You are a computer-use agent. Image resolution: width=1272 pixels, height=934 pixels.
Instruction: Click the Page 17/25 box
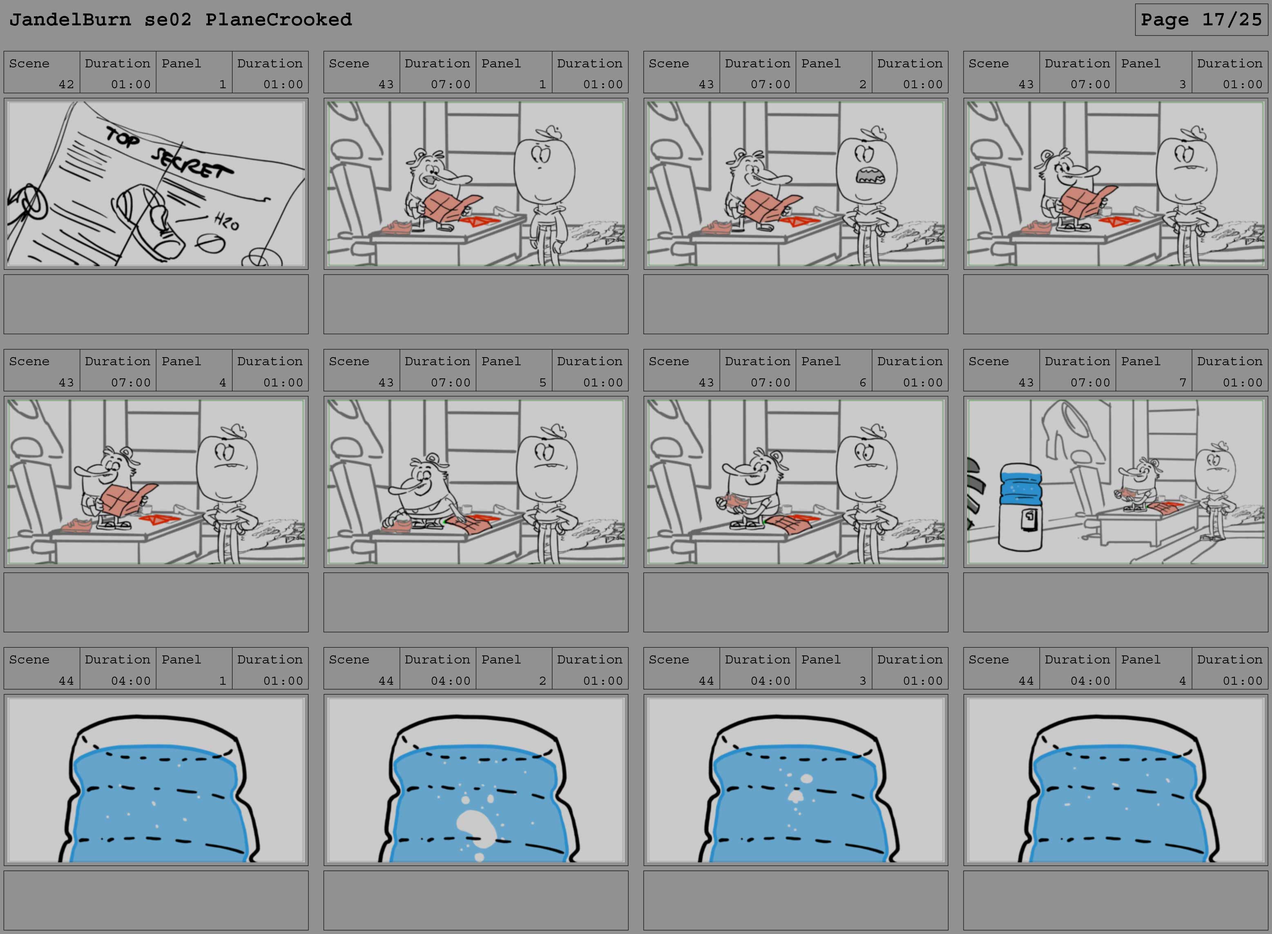click(x=1201, y=20)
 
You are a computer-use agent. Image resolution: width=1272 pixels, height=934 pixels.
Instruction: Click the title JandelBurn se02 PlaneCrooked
click(x=181, y=20)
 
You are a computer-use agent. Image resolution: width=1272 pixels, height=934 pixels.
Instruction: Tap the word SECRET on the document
click(x=192, y=163)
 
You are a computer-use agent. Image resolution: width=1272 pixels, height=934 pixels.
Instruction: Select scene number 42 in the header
click(x=66, y=84)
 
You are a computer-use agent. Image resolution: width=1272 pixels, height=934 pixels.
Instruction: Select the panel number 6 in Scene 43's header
click(x=862, y=383)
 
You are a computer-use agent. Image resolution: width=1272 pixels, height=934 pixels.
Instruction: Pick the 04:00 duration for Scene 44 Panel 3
click(x=770, y=681)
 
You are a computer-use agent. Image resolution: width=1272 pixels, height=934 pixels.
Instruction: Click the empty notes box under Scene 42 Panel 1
click(x=156, y=304)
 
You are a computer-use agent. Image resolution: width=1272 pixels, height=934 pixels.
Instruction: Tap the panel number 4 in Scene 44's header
click(x=1182, y=681)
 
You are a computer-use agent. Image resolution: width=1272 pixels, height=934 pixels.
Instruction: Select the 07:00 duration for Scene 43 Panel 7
click(x=1090, y=383)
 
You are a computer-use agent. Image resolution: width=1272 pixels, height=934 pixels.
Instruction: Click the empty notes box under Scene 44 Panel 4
click(x=1116, y=900)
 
